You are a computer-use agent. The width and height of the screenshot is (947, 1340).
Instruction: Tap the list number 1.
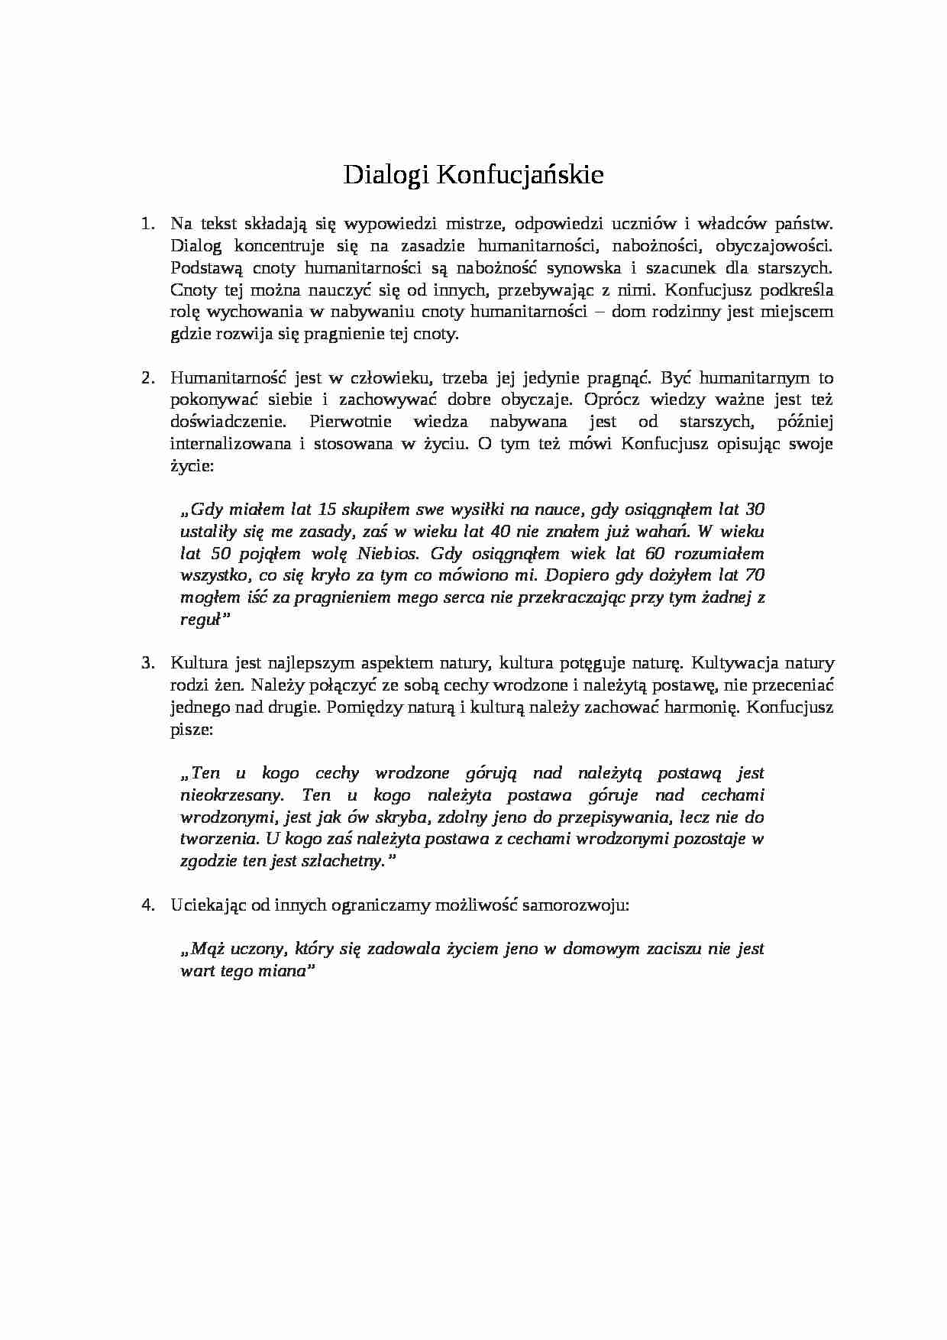(147, 224)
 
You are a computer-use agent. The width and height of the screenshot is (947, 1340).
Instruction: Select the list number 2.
(147, 378)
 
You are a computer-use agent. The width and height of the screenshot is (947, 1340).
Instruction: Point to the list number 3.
(147, 663)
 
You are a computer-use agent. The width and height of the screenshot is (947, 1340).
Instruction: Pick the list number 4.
(147, 905)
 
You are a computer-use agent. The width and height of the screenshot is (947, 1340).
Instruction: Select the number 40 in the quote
(501, 532)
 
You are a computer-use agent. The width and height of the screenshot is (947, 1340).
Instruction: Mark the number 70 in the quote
(754, 575)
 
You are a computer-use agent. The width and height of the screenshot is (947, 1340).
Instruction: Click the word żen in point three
(225, 685)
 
